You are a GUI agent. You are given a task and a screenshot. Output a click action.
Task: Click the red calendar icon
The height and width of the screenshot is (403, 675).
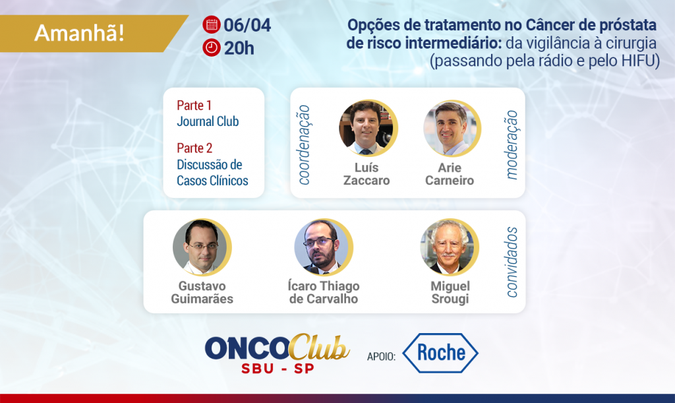212,24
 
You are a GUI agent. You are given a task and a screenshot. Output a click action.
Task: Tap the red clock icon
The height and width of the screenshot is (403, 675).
212,47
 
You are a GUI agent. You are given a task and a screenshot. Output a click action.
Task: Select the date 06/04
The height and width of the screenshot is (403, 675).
247,25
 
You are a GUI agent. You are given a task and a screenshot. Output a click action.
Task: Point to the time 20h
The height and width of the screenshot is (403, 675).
239,48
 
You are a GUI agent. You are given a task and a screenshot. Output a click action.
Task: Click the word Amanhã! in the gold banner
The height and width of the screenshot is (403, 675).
80,33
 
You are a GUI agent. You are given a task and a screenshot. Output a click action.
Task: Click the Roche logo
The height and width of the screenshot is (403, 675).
440,353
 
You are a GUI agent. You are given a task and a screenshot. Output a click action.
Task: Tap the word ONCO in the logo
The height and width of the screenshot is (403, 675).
247,348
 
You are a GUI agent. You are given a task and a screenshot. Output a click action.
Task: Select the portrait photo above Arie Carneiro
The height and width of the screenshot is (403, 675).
451,129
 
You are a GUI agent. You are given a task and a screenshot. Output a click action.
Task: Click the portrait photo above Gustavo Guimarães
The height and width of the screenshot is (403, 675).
202,247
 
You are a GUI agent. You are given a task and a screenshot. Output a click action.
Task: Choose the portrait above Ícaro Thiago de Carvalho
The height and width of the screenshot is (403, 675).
323,247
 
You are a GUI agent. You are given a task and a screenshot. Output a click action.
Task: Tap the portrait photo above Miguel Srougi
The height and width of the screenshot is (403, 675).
449,247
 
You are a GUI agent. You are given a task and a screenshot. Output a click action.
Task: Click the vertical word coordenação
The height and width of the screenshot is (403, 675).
304,145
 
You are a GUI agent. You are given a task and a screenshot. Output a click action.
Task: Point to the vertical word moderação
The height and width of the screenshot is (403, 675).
511,144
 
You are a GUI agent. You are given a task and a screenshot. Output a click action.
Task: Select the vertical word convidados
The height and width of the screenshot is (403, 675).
512,263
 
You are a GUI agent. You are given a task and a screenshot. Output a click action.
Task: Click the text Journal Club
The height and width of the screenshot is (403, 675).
208,121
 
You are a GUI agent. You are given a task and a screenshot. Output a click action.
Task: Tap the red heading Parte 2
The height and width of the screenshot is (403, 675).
194,148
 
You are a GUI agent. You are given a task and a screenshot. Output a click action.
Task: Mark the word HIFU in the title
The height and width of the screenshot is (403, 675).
638,61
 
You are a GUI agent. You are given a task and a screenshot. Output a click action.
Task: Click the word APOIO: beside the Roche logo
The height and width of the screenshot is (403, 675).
381,356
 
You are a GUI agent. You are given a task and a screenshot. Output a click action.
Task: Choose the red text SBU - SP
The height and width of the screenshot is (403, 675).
278,369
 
